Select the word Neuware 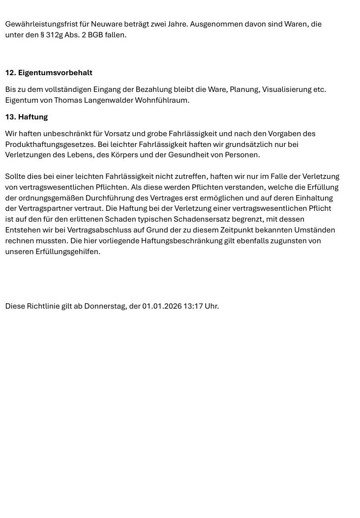click(105, 24)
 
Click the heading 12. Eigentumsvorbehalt click(49, 73)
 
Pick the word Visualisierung click(286, 89)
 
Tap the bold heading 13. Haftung click(27, 117)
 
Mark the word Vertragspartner click(34, 208)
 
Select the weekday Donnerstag click(105, 306)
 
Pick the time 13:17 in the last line click(193, 306)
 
